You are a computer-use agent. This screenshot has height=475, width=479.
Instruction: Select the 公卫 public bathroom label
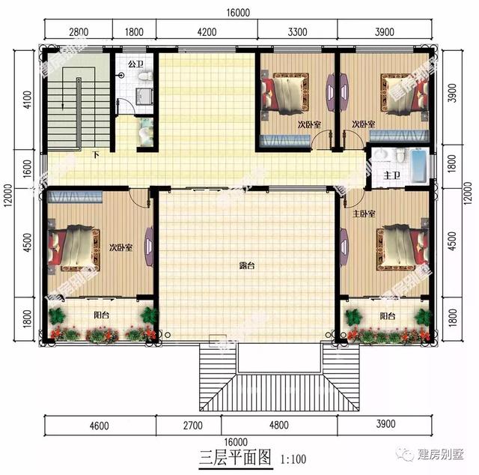pyautogui.click(x=135, y=64)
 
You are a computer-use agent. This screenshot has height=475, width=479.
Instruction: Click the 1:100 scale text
pyautogui.click(x=293, y=457)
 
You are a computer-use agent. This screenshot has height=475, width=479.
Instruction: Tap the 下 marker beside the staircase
pyautogui.click(x=96, y=156)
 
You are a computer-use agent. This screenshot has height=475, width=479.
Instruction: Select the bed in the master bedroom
pyautogui.click(x=401, y=247)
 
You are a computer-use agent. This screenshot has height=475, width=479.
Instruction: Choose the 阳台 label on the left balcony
pyautogui.click(x=101, y=315)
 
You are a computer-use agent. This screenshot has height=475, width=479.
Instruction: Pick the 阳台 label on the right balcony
pyautogui.click(x=387, y=316)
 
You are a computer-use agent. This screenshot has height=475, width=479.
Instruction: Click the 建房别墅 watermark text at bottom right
pyautogui.click(x=442, y=453)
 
